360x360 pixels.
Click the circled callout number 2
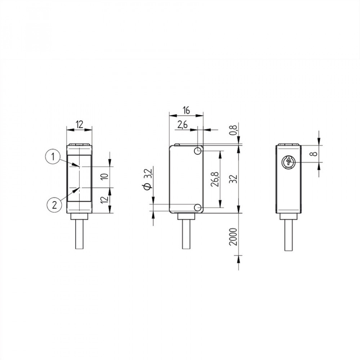click(x=54, y=204)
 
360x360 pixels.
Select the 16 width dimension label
click(x=186, y=111)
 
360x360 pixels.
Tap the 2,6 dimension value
click(x=183, y=125)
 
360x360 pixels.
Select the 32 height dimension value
click(x=233, y=179)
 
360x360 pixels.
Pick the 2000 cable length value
click(x=233, y=237)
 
